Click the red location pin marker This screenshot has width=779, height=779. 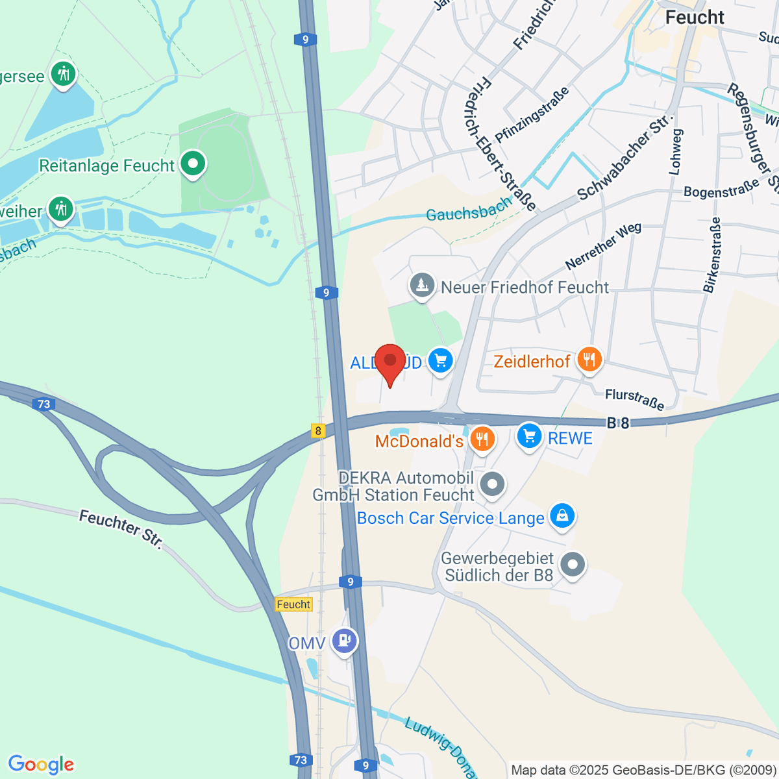click(x=390, y=364)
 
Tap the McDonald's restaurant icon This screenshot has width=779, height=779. click(x=482, y=439)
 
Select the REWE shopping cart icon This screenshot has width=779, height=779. click(x=530, y=435)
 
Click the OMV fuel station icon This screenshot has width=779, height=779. click(x=343, y=640)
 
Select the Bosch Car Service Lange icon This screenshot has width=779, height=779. click(x=562, y=515)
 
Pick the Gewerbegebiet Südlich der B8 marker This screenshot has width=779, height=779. click(x=573, y=565)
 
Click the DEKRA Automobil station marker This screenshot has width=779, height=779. click(x=493, y=484)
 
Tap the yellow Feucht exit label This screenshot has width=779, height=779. click(x=293, y=604)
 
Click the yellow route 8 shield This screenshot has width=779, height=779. click(x=317, y=430)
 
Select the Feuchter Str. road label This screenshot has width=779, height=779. click(x=121, y=529)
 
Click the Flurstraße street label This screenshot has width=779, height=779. click(x=634, y=399)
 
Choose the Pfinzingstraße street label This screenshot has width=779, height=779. click(x=532, y=115)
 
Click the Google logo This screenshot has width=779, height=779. click(x=41, y=764)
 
